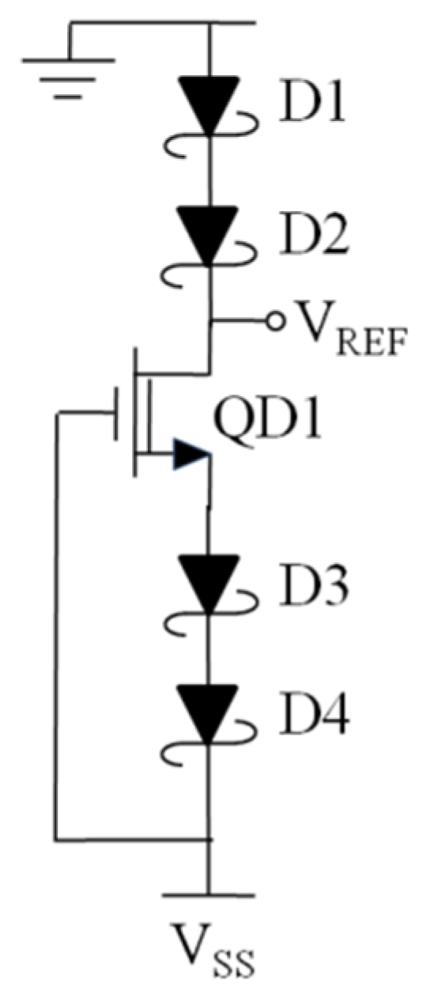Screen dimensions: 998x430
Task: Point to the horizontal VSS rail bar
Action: point(209,895)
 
